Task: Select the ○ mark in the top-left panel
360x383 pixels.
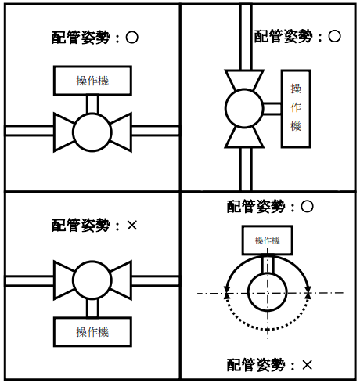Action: (x=131, y=38)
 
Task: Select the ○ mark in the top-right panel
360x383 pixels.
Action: (x=334, y=36)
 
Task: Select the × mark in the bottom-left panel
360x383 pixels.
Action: (x=131, y=225)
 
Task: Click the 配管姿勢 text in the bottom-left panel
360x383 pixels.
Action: (x=81, y=225)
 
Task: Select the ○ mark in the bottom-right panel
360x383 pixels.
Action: (x=307, y=207)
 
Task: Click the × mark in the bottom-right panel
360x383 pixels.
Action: (x=307, y=365)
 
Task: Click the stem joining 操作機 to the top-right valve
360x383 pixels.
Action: (x=272, y=108)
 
